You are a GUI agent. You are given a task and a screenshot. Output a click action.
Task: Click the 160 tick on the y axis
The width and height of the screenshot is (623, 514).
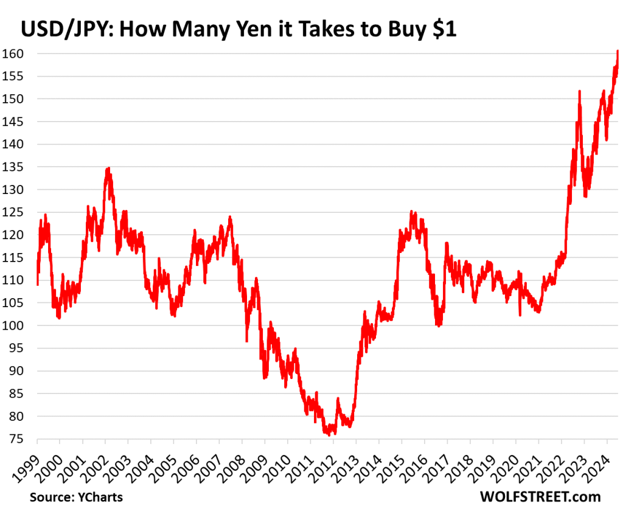tap(17, 54)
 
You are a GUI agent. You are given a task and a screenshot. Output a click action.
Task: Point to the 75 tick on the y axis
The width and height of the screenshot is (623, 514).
tap(17, 439)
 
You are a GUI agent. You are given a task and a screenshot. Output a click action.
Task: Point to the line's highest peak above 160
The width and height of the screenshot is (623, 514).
tap(618, 51)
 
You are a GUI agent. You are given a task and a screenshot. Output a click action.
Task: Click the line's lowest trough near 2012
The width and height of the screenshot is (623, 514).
tap(329, 435)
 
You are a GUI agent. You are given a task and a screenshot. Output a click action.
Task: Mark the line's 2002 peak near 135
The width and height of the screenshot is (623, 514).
tap(108, 168)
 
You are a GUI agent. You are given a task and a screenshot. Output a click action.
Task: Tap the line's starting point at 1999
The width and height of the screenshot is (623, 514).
tap(37, 284)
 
